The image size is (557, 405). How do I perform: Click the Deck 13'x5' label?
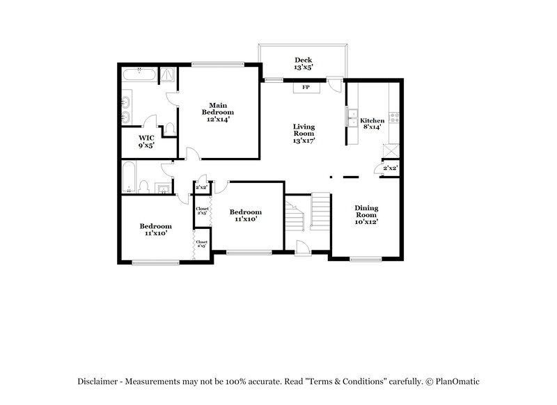[302, 64]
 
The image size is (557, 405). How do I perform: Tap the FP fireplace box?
[306, 88]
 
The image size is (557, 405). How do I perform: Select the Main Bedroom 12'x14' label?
[218, 112]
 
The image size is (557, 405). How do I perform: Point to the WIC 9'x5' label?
[146, 141]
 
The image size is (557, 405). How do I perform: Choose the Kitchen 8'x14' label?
[372, 124]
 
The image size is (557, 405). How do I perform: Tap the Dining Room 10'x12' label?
[366, 214]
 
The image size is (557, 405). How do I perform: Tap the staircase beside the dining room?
[320, 212]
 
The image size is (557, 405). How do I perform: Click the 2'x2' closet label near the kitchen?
[390, 168]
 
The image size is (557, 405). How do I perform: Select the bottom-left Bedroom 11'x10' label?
[155, 229]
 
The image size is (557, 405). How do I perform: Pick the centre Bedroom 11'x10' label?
[246, 215]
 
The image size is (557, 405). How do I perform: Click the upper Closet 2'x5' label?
[202, 210]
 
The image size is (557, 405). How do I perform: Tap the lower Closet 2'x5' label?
[201, 244]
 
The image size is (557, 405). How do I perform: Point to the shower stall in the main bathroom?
[168, 75]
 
